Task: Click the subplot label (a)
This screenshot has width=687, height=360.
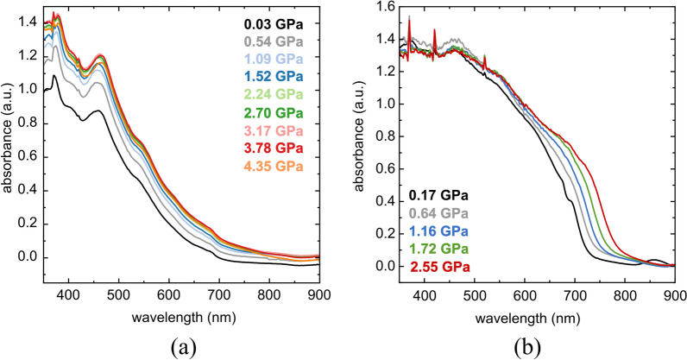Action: tap(184, 346)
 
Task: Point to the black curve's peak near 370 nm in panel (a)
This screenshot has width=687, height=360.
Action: tap(54, 76)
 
